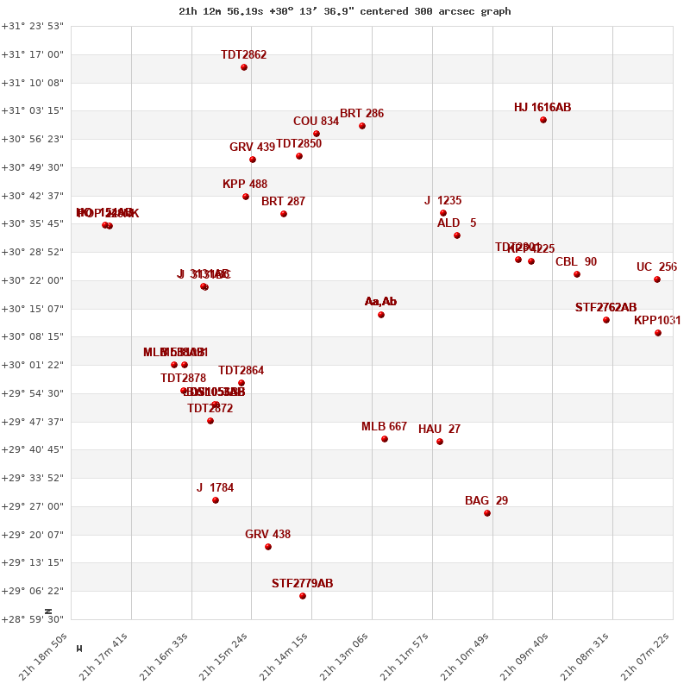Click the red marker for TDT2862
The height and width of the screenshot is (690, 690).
click(x=244, y=67)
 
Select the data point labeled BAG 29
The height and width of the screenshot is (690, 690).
click(x=487, y=513)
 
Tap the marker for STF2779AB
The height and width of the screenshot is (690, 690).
click(x=303, y=596)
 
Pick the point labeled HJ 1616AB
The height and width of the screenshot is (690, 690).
click(x=543, y=120)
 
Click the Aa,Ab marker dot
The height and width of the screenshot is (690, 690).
click(x=381, y=315)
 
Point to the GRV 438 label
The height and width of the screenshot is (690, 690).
click(x=267, y=535)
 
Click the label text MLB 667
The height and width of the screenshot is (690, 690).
click(x=384, y=427)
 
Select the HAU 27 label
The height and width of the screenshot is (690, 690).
click(x=439, y=430)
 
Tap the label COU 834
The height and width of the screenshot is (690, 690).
click(x=316, y=122)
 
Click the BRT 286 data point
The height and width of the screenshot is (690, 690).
click(x=362, y=126)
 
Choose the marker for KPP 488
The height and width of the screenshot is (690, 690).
click(x=246, y=197)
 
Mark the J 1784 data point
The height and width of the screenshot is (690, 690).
click(x=216, y=500)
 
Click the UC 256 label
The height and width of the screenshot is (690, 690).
click(x=656, y=267)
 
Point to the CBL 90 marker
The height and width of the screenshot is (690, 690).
click(x=577, y=274)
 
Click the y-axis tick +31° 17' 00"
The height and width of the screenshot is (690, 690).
click(x=34, y=54)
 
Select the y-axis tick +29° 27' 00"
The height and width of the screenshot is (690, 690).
click(x=34, y=506)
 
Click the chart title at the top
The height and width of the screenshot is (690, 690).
click(x=344, y=11)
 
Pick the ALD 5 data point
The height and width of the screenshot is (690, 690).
click(x=457, y=235)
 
